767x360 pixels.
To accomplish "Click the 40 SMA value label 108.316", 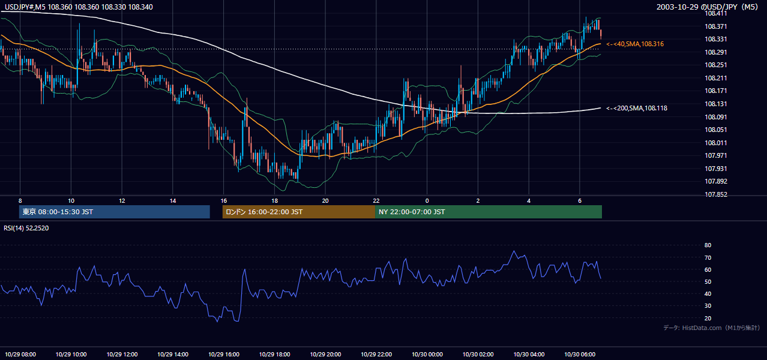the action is pos(635,44).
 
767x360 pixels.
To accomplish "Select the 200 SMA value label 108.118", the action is pos(637,108).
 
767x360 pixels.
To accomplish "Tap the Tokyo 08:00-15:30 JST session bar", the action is pos(115,212).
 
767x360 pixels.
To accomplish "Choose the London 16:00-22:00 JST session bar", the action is pos(299,212).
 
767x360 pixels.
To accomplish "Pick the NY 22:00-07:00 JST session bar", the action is pos(489,212).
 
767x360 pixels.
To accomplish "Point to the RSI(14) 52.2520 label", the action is pos(26,228).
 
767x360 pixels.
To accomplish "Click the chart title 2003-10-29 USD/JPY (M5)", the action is pos(707,7).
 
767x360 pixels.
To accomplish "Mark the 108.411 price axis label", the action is pos(715,14).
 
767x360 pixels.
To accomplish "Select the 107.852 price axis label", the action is pos(715,194).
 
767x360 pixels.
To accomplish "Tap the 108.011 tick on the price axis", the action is pos(715,143).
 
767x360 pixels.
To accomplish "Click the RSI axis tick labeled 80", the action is pos(708,245).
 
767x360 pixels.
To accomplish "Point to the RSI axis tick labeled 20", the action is pos(708,318).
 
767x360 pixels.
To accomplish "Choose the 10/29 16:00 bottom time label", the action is pos(224,355).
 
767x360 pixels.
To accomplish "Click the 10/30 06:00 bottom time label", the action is pos(580,355).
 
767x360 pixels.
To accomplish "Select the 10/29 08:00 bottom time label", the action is pos(20,355).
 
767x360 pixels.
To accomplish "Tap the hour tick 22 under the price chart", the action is pos(376,201).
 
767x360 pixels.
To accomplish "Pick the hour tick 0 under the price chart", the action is pos(427,201).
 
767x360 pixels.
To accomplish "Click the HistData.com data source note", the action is pos(712,328).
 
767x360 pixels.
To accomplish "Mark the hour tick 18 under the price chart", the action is pos(274,201).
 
